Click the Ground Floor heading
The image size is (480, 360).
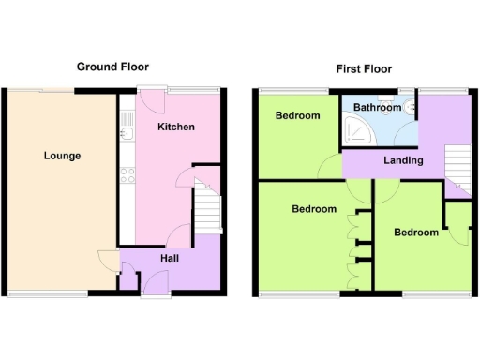[112, 67]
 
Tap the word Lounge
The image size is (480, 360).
[62, 156]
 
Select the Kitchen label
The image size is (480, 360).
[175, 127]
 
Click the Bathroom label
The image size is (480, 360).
[376, 108]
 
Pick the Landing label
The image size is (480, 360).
[403, 160]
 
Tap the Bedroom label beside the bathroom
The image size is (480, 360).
[297, 116]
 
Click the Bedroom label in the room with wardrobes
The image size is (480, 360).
[313, 209]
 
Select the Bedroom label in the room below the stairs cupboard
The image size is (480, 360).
[415, 232]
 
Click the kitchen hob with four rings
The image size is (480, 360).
[127, 173]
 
